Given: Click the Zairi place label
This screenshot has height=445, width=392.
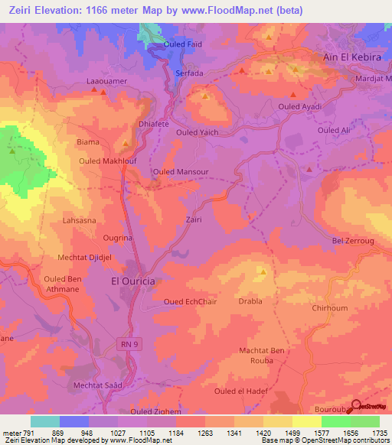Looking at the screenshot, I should pos(193,219).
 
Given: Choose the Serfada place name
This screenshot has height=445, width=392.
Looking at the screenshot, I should pos(189,72).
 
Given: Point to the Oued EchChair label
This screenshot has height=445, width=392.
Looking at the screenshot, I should pos(190,301).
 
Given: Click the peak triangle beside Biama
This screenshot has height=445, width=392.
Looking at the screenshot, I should pos(126,143).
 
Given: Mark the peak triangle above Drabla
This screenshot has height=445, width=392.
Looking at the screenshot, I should pos(263,271).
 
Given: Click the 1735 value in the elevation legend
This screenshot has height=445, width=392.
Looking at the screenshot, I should pos(379,432).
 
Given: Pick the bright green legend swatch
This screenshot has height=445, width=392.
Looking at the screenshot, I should pos(336,421).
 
